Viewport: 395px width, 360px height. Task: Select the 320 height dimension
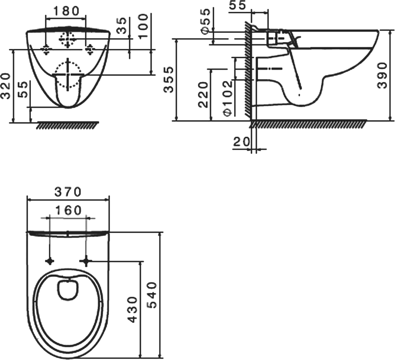pyautogui.click(x=6, y=86)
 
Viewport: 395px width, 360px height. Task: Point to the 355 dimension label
pyautogui.click(x=168, y=80)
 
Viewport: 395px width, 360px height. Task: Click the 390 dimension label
pyautogui.click(x=382, y=76)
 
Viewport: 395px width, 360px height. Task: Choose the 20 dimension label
pyautogui.click(x=241, y=142)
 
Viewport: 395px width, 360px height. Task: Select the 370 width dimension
pyautogui.click(x=68, y=192)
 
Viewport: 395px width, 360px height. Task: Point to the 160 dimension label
pyautogui.click(x=68, y=210)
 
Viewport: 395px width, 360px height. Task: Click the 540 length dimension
pyautogui.click(x=152, y=296)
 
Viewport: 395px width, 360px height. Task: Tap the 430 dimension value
pyautogui.click(x=132, y=310)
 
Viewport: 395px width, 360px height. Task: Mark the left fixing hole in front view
pyautogui.click(x=46, y=49)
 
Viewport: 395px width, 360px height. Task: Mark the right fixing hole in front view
pyautogui.click(x=90, y=49)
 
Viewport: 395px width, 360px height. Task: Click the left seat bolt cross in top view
pyautogui.click(x=50, y=261)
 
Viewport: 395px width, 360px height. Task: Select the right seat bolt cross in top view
pyautogui.click(x=86, y=261)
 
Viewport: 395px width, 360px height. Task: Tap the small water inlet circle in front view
pyautogui.click(x=67, y=40)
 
